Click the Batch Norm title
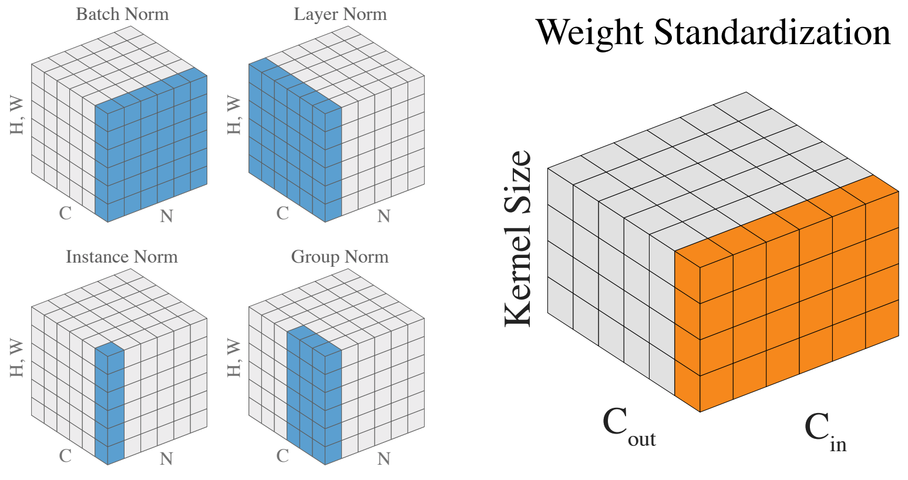(122, 14)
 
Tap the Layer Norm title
(340, 14)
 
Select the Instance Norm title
(122, 257)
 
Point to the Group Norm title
(339, 257)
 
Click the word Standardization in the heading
(772, 32)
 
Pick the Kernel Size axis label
(519, 238)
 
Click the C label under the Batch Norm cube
(65, 213)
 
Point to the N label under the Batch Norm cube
(166, 216)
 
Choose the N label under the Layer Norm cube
(384, 216)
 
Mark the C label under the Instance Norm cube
(65, 455)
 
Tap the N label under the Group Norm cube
(384, 458)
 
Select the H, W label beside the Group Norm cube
(234, 358)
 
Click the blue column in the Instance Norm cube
(110, 405)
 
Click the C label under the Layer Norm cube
(283, 213)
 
